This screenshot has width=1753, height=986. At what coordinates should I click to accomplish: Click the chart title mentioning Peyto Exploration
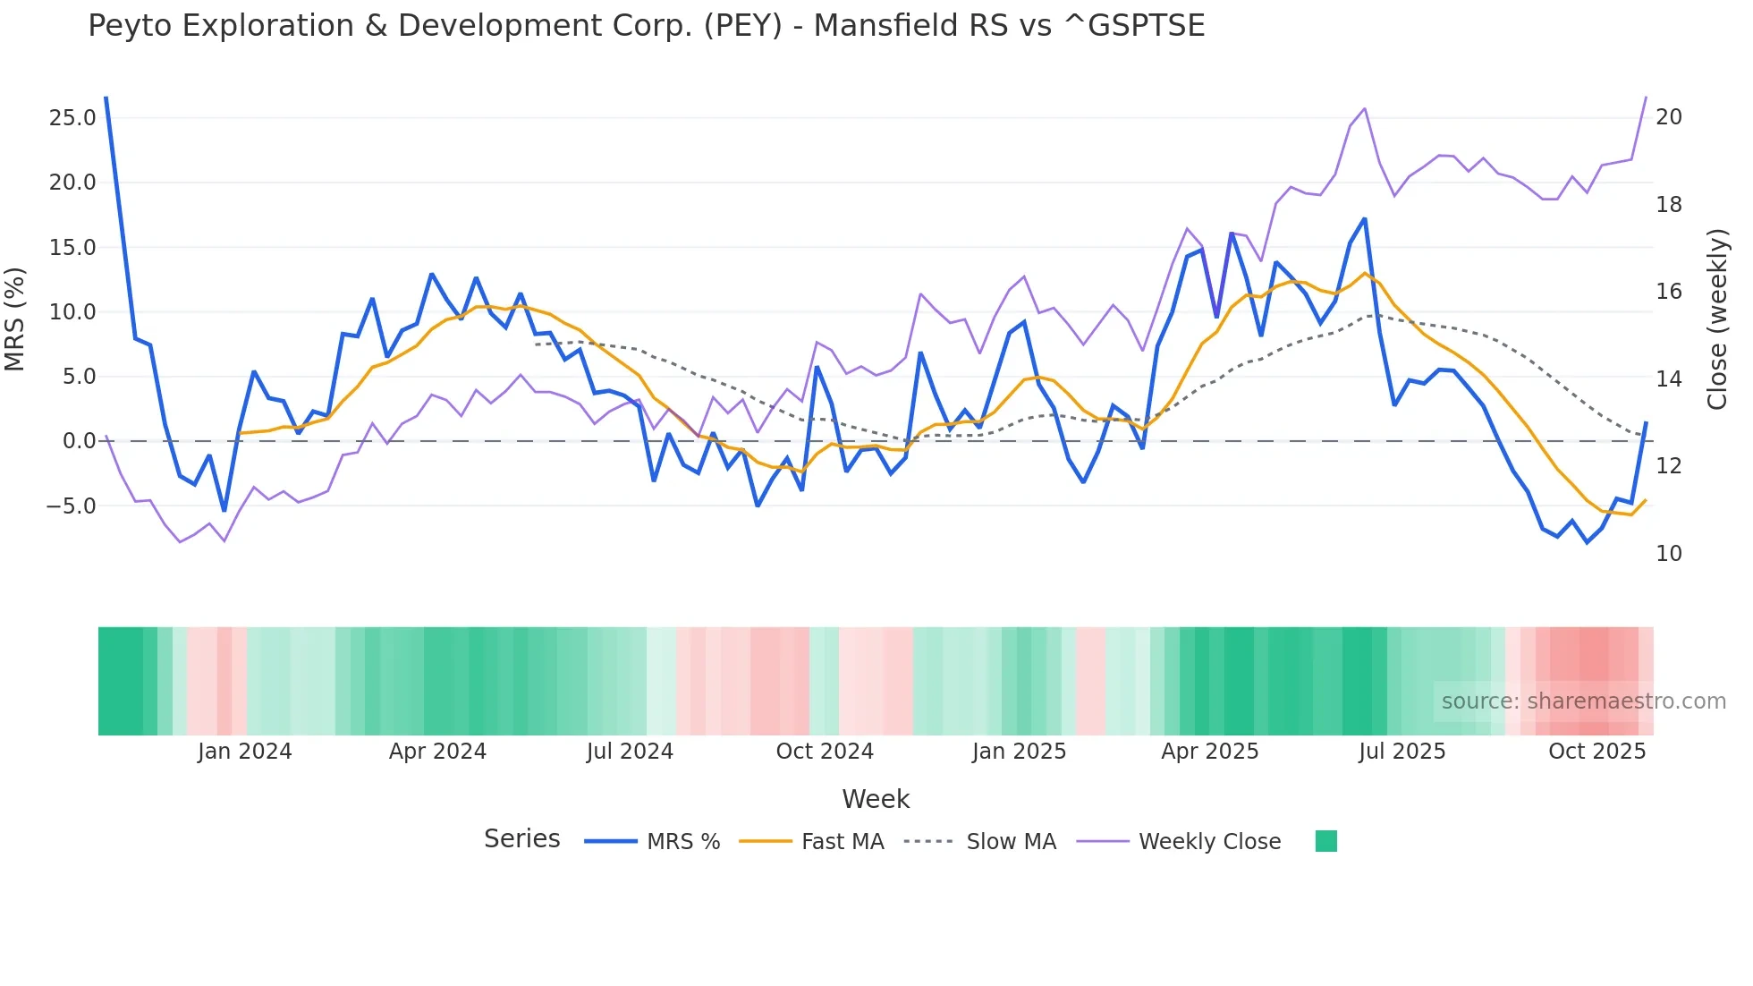coord(646,26)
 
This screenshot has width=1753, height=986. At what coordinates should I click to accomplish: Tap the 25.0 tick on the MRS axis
coord(72,118)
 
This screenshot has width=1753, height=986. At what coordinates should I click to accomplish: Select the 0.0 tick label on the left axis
coord(79,441)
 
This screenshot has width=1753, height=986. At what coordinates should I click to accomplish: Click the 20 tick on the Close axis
coord(1669,117)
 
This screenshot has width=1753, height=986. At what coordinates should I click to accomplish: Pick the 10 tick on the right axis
coord(1669,554)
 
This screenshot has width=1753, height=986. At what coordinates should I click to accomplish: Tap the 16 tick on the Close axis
coord(1669,292)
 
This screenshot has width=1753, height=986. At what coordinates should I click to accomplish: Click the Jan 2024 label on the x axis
coord(244,752)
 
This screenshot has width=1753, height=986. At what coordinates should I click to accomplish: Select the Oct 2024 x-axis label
coord(824,752)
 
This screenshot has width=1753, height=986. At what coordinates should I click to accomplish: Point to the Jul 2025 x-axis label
coord(1402,752)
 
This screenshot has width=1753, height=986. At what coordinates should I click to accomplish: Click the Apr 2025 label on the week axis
coord(1209,752)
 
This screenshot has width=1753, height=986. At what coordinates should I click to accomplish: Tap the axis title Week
coord(876,799)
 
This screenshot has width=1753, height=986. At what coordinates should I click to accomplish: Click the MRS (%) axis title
coord(15,319)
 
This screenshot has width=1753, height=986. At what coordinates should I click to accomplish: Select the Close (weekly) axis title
coord(1716,319)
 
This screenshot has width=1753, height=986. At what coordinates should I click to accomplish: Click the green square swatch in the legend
coord(1325,841)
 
